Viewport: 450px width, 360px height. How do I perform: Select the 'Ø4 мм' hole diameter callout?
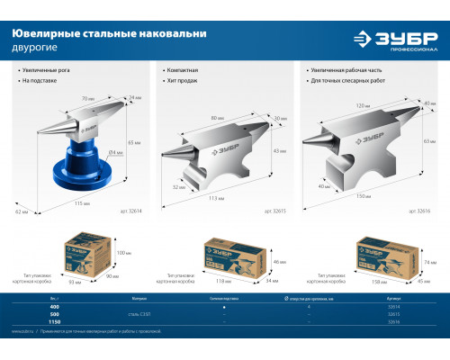point(117,152)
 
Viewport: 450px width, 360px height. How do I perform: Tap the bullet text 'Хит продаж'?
point(184,81)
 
